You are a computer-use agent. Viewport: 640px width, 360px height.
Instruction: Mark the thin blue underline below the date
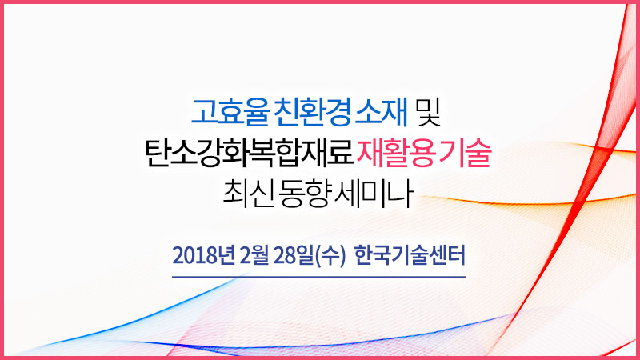319,277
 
